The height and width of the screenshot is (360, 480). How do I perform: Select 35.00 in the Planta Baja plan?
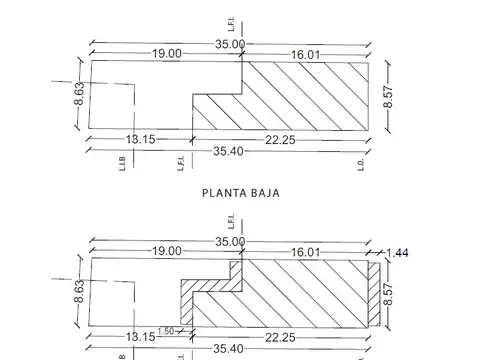[230, 44]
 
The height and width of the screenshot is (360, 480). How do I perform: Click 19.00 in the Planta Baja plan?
[166, 54]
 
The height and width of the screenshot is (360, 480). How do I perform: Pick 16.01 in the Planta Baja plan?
[305, 54]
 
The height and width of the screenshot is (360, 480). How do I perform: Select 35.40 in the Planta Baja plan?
[230, 151]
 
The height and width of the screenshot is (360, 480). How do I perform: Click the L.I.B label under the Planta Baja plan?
[120, 164]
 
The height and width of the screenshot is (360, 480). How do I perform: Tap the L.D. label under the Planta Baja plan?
[360, 164]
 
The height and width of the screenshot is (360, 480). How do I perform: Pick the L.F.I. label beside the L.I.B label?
[181, 164]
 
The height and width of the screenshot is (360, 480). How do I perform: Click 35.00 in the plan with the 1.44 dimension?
[230, 241]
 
